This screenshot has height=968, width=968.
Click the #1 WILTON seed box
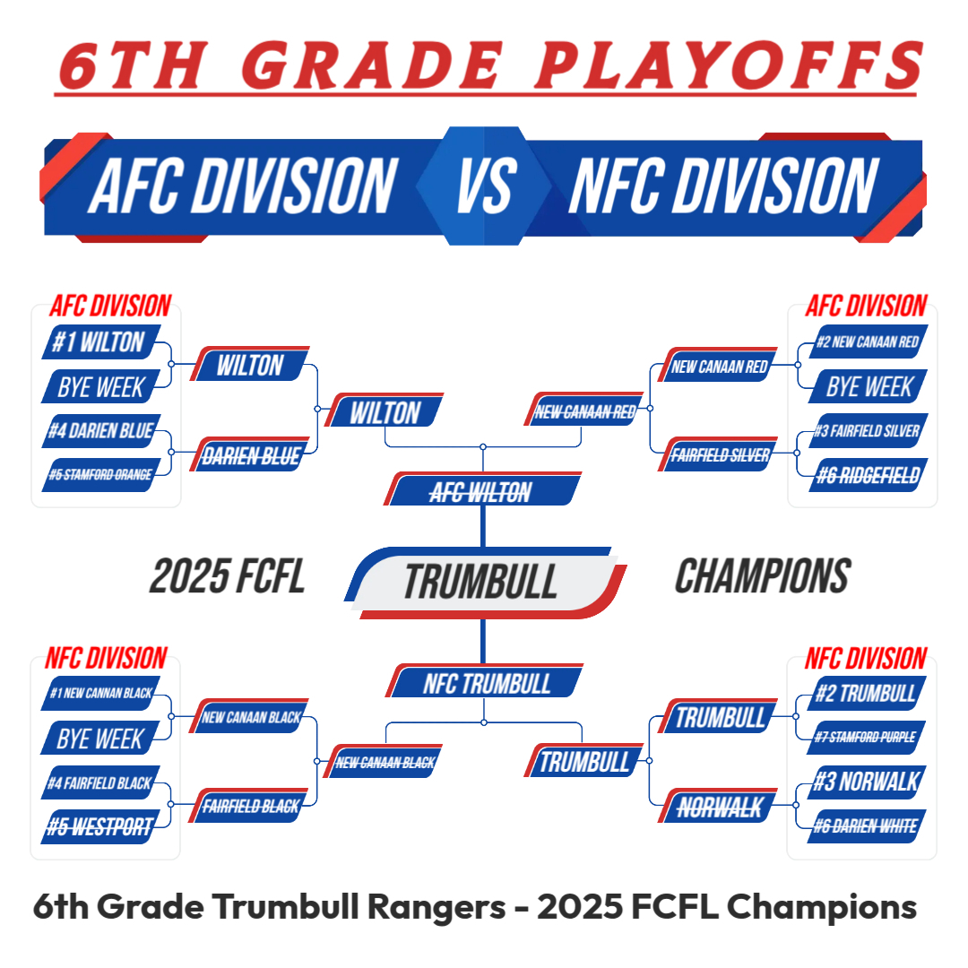101,341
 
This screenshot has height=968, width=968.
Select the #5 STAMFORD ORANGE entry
101,475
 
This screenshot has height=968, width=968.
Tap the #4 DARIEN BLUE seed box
101,430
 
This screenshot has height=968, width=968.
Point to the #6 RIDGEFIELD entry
868,475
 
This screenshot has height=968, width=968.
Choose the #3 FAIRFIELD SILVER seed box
868,430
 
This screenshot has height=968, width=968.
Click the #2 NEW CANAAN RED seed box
868,341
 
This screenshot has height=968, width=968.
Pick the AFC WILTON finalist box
482,489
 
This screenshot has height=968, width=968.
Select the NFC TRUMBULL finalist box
485,681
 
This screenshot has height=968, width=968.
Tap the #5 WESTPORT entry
100,826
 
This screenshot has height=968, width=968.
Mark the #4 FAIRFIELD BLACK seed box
100,782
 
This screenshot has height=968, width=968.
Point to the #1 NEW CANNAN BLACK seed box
100,693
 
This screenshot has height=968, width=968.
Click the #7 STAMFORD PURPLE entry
867,737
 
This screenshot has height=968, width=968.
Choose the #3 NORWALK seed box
867,782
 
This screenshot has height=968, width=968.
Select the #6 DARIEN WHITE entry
867,826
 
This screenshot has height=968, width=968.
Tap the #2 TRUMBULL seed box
867,693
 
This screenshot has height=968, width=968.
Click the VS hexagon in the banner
484,186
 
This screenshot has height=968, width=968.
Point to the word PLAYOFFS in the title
729,65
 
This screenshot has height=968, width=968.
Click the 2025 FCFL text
227,576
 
